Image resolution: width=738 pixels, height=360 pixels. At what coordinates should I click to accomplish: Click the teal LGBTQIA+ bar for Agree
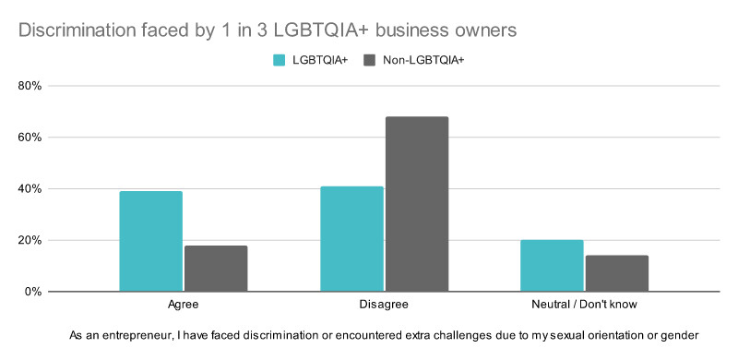(x=151, y=241)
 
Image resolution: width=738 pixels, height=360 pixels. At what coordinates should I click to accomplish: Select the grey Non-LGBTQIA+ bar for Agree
(x=216, y=269)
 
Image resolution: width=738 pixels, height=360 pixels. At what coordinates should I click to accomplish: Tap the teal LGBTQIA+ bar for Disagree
(x=352, y=239)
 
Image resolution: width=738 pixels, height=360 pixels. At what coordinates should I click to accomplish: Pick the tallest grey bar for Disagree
(x=417, y=204)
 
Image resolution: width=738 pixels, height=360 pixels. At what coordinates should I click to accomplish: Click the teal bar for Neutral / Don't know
(x=552, y=266)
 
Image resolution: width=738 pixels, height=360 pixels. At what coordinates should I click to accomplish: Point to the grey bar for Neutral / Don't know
(x=617, y=273)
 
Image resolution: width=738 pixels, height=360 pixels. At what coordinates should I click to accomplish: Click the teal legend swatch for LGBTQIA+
(x=280, y=60)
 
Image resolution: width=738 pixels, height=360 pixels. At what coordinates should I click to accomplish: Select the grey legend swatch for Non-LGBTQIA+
(x=370, y=60)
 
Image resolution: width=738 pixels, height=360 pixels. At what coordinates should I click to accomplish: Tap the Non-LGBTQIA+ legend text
(x=423, y=60)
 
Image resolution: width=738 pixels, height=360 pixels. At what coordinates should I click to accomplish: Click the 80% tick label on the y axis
(x=30, y=86)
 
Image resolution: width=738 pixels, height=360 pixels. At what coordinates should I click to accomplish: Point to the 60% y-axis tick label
(x=30, y=138)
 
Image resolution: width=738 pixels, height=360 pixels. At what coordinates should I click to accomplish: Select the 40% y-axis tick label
(x=30, y=189)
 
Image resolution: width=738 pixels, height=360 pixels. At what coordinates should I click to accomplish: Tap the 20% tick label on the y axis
(x=30, y=240)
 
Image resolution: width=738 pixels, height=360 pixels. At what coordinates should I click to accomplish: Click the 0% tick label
(x=33, y=292)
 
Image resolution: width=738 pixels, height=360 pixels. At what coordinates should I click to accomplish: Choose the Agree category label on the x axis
(x=183, y=305)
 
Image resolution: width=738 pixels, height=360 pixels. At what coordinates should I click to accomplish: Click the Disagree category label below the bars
(x=384, y=305)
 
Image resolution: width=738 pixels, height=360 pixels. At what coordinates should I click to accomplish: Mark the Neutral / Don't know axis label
(x=584, y=305)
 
